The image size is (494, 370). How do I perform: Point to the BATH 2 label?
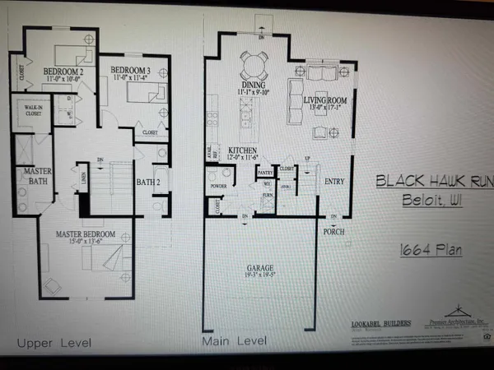point(148,183)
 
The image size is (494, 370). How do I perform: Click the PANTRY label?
point(265,173)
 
